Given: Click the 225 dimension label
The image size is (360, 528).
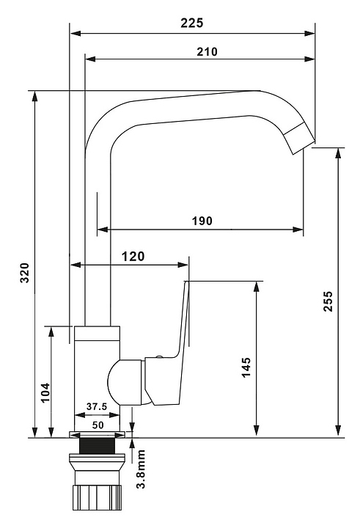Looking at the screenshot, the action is point(192,23).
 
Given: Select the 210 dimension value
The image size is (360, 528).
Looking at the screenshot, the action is point(207,51).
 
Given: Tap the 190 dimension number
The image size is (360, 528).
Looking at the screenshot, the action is point(202,221).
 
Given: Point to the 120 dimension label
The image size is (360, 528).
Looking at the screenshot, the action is point(133,257).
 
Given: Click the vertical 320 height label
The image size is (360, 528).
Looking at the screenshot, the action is point(25,273).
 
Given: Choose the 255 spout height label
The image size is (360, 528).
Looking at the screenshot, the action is point(328,301).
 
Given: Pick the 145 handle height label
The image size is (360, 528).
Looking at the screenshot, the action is point(246,367).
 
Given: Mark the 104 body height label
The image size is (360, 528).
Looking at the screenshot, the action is point(45,392).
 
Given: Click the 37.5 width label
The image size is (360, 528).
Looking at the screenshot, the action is point(97,406).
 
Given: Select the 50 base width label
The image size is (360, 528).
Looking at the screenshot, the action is point(98,425).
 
